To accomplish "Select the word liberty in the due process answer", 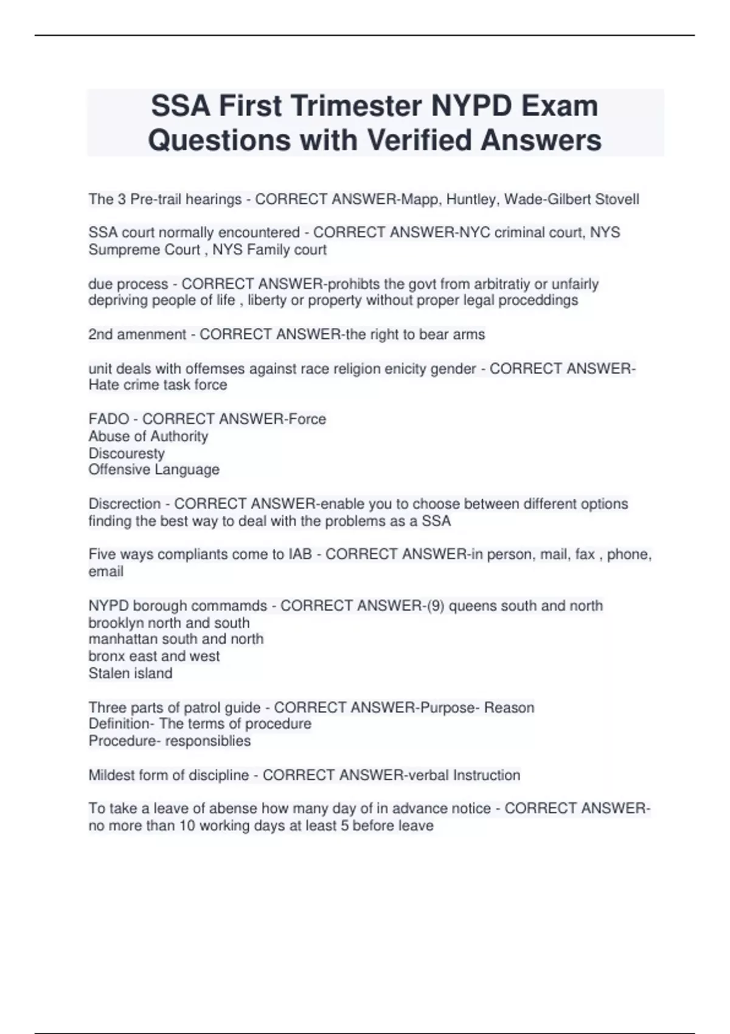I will (x=266, y=300).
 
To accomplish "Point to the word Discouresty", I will (x=127, y=454).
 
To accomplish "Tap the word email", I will (x=106, y=572).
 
